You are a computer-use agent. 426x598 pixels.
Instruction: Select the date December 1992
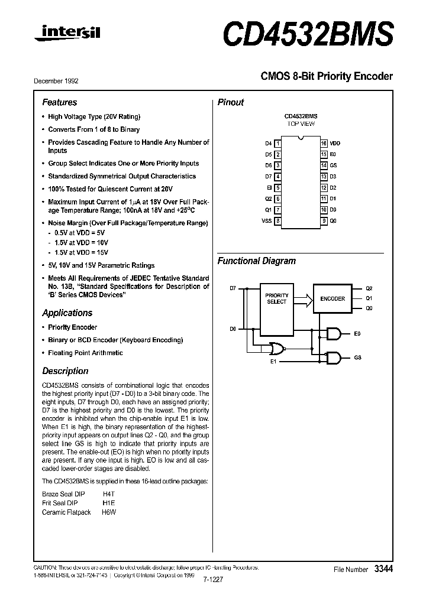[60, 81]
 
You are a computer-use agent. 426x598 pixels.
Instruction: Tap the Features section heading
[59, 102]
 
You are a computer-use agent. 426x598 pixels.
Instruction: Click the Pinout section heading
[231, 102]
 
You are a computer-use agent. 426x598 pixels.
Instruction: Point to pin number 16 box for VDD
[324, 144]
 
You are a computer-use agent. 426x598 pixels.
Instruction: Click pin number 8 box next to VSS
[277, 220]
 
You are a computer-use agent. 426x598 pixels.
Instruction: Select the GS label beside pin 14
[333, 166]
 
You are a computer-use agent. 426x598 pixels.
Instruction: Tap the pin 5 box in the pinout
[277, 187]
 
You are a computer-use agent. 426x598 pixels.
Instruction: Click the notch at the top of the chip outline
[301, 139]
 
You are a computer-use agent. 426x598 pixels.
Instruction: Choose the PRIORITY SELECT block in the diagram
[276, 298]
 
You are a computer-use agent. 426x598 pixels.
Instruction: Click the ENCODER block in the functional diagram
[333, 298]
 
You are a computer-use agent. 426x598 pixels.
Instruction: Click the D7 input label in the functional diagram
[233, 288]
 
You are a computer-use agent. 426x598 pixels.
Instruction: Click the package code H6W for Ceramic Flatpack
[109, 512]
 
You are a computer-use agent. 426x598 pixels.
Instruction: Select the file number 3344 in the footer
[383, 569]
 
